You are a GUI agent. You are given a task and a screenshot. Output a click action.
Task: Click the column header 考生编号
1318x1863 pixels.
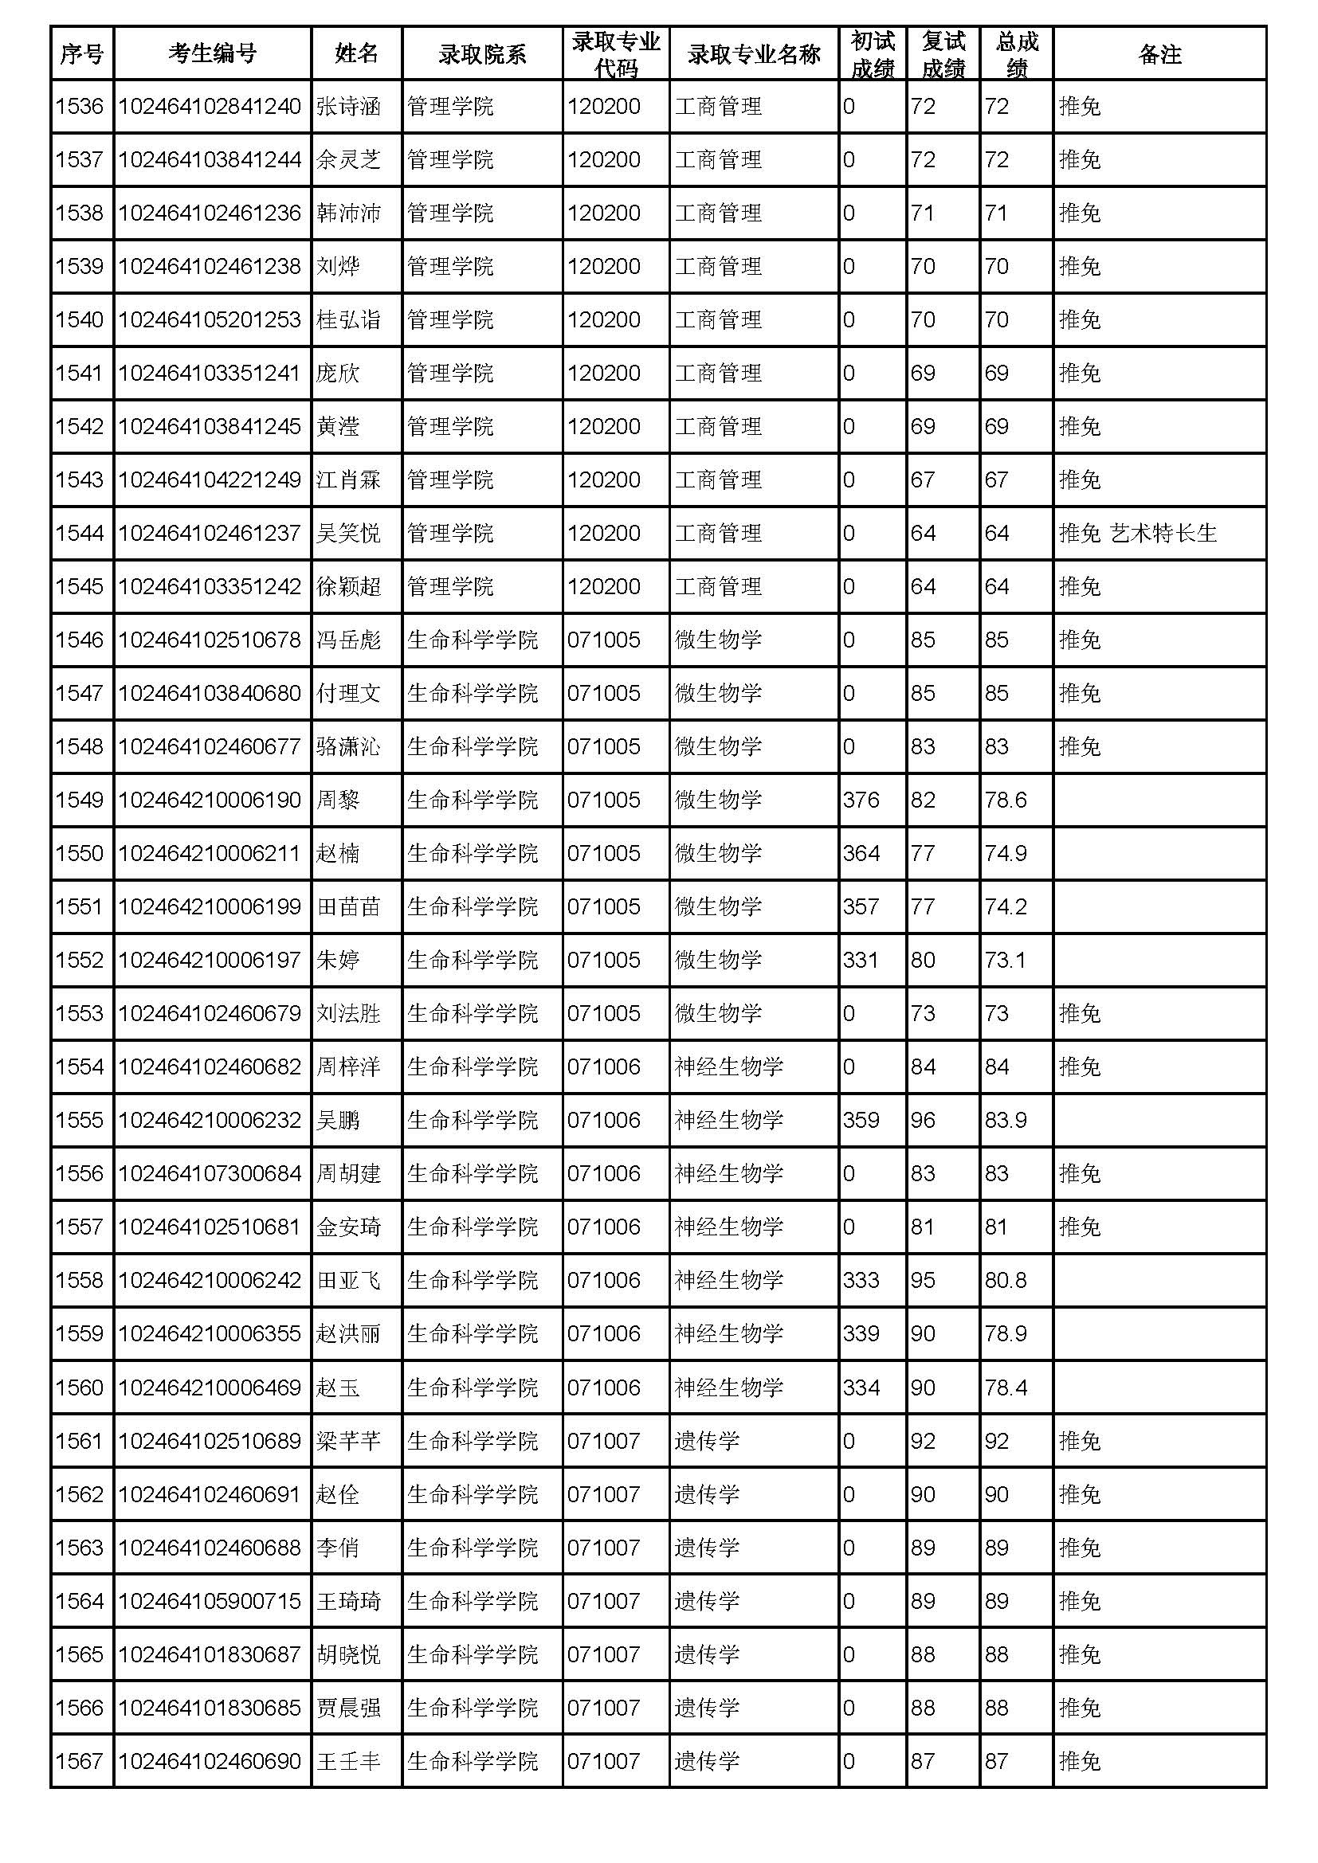[212, 53]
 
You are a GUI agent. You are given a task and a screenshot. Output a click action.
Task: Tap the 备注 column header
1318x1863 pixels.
[1159, 53]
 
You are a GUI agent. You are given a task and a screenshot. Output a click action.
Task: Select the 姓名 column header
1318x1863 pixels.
[356, 53]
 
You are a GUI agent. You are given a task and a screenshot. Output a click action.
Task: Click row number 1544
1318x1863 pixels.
[80, 533]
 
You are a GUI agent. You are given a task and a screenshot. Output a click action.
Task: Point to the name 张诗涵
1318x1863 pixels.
[348, 106]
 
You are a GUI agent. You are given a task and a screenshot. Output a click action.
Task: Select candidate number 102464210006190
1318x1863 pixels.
[210, 800]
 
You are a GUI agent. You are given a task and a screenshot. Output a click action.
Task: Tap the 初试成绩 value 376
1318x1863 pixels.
[861, 800]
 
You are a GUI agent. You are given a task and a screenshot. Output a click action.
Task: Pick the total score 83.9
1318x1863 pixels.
[1006, 1121]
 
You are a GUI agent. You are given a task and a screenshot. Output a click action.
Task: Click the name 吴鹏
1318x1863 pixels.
[338, 1121]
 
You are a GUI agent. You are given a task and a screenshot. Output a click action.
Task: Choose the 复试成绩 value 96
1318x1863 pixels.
[923, 1121]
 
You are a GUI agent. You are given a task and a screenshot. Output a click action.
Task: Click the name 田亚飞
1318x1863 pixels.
[348, 1281]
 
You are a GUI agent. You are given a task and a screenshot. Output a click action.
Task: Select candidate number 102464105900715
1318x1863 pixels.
[210, 1601]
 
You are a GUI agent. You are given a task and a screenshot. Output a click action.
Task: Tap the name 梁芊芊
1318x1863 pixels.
[348, 1441]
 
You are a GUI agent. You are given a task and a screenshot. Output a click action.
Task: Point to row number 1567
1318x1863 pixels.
[80, 1761]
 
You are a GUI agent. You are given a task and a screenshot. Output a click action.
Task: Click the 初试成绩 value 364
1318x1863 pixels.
[861, 854]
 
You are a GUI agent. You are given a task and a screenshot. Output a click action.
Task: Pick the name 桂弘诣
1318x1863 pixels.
[348, 319]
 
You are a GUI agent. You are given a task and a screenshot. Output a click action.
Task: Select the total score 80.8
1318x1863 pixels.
[1006, 1281]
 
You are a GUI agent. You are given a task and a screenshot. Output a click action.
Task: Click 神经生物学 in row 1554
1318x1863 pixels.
[728, 1067]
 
